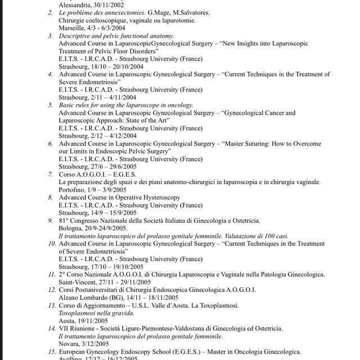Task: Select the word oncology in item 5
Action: click(179, 105)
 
